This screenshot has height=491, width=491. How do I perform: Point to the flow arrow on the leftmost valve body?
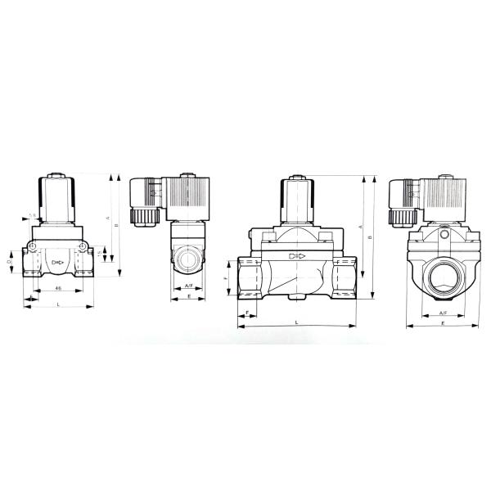coord(57,262)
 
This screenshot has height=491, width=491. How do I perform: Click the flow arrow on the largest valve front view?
coord(296,256)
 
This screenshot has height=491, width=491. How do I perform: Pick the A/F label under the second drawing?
coord(188,285)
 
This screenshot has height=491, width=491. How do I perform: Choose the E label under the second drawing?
coord(188,297)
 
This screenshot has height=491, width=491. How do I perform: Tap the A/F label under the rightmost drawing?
coord(443,313)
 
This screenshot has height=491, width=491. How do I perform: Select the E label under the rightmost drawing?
coord(443,324)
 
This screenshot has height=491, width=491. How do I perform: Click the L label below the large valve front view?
coord(296,323)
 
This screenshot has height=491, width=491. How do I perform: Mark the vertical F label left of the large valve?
coord(227,279)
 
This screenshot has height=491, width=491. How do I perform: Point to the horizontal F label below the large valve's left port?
coord(247,313)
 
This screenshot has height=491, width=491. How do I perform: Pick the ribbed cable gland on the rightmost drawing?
coord(402,216)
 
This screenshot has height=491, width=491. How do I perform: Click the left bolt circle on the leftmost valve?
coord(31,246)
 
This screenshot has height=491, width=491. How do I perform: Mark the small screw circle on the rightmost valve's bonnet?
coord(444,236)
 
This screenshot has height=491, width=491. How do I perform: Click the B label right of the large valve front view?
coord(371,237)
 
